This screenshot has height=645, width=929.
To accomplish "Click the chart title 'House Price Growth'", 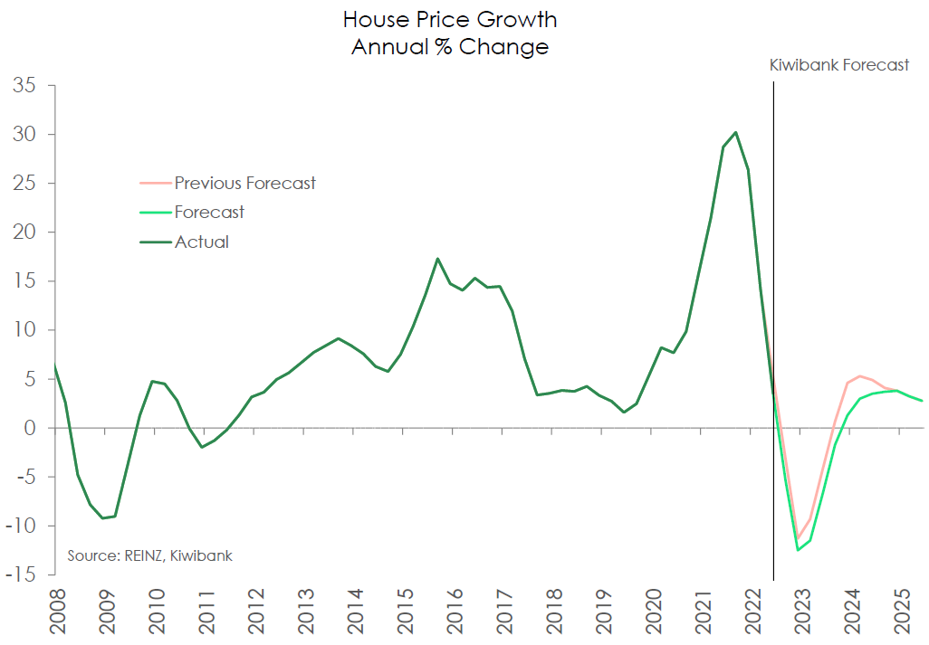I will [450, 20].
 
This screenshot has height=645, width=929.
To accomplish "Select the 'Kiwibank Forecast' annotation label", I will [838, 65].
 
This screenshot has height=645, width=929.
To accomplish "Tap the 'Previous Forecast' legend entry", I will [244, 184].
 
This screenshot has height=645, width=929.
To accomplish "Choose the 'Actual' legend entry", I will [201, 242].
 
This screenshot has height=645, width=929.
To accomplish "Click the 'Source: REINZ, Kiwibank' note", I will [149, 555].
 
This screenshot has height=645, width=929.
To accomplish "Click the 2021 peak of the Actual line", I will [735, 132].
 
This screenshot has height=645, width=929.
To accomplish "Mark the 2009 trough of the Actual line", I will [102, 518].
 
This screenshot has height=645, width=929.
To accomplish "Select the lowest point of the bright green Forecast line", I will [799, 550].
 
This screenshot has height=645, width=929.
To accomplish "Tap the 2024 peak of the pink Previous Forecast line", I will [859, 375].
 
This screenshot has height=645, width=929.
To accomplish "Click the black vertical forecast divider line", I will [773, 326].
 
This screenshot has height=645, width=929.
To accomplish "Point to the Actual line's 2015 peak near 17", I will [437, 259].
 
